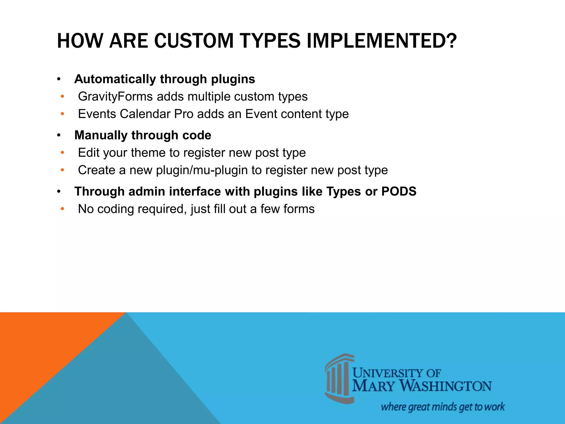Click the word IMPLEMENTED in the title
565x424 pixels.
point(381,41)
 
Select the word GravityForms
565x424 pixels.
point(115,97)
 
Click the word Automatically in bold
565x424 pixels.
point(115,79)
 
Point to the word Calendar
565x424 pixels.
point(145,114)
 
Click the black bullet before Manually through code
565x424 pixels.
point(58,136)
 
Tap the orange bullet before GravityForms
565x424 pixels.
point(62,97)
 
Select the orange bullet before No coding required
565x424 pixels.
point(62,209)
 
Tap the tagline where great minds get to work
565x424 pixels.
point(443,407)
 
